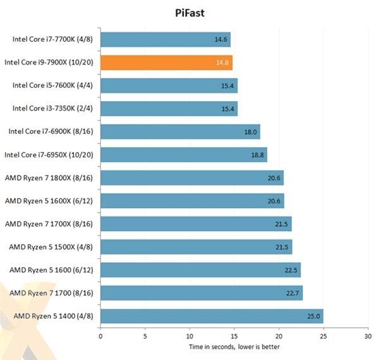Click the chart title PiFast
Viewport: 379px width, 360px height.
189,12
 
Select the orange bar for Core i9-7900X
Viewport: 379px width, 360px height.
166,63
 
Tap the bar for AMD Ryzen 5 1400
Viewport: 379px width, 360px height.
212,316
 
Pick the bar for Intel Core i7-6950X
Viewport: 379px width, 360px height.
183,155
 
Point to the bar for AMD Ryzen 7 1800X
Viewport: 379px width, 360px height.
192,178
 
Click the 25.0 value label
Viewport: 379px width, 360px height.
314,316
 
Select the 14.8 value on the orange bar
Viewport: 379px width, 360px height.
222,63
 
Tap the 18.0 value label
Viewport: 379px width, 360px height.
251,132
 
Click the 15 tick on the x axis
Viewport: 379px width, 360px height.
234,337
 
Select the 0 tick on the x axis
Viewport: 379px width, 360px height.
100,337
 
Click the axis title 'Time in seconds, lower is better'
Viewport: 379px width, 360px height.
234,347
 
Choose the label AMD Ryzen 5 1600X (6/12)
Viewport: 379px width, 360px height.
50,201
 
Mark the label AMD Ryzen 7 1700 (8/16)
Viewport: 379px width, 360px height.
51,293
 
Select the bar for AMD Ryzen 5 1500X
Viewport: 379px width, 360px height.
196,247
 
